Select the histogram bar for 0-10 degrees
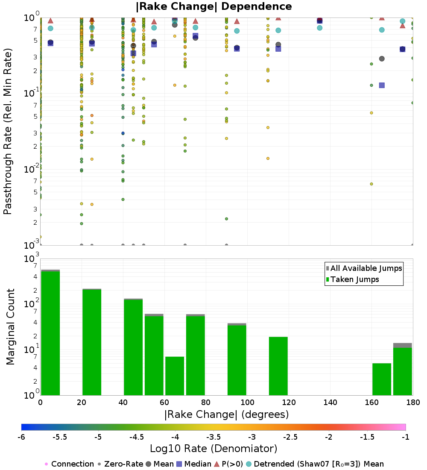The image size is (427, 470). pos(50,333)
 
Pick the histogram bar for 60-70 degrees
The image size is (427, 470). pos(175,376)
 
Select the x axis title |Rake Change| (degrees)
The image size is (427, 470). pos(226,414)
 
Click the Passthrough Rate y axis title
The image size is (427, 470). pos(8,131)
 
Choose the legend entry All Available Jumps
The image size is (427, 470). pos(366,268)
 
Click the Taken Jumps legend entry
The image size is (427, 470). pos(354,279)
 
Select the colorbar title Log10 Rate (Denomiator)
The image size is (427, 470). pos(213,449)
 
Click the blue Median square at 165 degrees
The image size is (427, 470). pos(382,85)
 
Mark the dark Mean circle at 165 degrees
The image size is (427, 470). pos(382,59)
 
